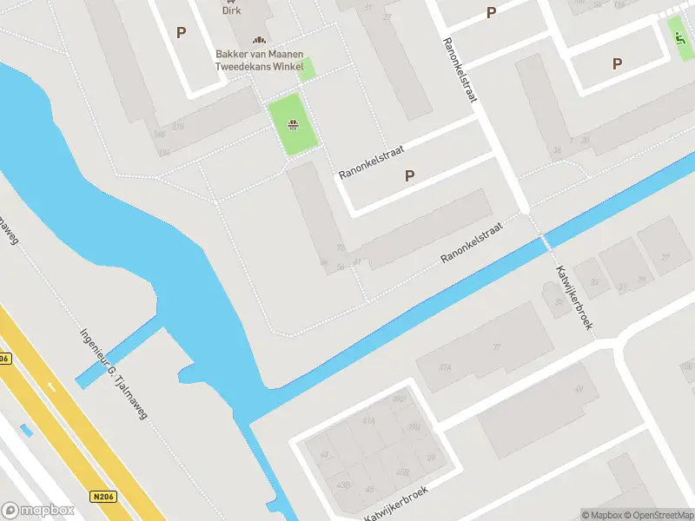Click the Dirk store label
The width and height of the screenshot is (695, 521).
pos(231,10)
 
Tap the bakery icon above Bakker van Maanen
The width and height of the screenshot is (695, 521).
pos(258,40)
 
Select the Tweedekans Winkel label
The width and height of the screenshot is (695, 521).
pos(259,68)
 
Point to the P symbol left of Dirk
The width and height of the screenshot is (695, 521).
pos(181,33)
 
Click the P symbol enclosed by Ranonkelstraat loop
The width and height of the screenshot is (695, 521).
pos(409,175)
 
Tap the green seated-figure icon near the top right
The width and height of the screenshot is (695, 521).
pos(679,36)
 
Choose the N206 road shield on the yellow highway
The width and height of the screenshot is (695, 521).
pos(102,497)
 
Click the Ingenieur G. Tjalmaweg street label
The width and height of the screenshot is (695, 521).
pos(114,373)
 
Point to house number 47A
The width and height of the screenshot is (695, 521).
pos(445,367)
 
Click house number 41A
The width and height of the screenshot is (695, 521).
pos(368,419)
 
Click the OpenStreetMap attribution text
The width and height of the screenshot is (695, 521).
pos(657,515)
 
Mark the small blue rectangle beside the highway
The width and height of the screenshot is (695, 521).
pos(27,430)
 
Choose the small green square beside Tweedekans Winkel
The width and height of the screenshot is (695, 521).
pos(305,69)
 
